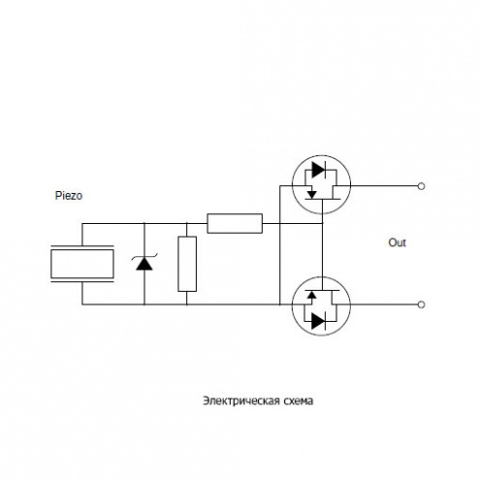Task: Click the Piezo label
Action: point(69,196)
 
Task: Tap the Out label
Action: point(397,242)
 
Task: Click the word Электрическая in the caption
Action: point(241,400)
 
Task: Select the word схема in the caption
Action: point(298,401)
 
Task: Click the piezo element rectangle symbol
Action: point(82,264)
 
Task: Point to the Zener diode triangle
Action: point(144,264)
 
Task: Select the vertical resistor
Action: point(187,264)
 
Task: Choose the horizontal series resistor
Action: point(235,223)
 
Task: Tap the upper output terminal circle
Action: point(421,186)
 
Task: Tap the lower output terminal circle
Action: point(421,304)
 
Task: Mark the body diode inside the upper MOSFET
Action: point(318,170)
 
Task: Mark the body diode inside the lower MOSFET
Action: point(318,321)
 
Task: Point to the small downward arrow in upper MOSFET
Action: point(311,194)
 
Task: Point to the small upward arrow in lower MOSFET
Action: point(311,295)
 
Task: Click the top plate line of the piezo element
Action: point(82,246)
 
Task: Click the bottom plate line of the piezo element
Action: point(82,281)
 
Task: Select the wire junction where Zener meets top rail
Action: point(144,223)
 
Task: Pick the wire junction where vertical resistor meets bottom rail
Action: point(187,304)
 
